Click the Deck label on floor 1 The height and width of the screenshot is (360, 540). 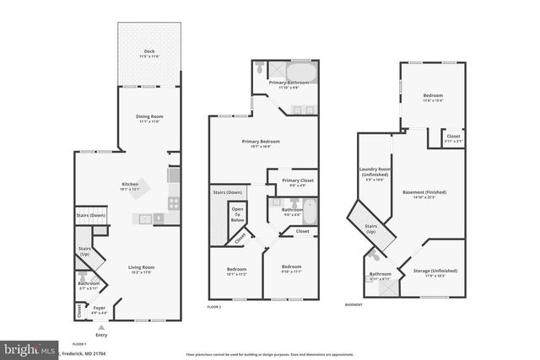(x=148, y=53)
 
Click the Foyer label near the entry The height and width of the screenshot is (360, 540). (x=100, y=308)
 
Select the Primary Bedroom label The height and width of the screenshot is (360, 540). (x=261, y=142)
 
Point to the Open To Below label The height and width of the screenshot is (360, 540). (x=238, y=214)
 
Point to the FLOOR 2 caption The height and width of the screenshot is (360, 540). (x=214, y=307)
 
